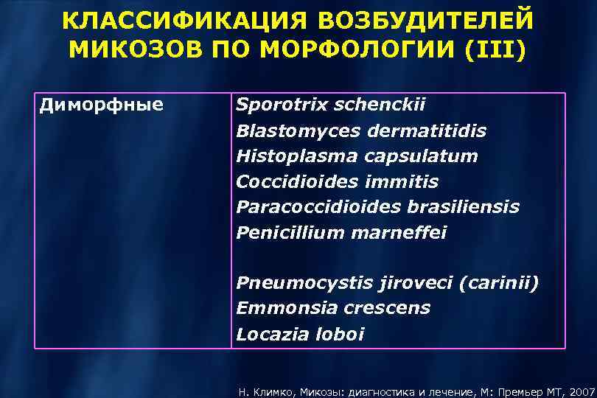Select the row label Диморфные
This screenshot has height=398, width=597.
coord(101,105)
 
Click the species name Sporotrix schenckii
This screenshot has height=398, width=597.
coord(331,105)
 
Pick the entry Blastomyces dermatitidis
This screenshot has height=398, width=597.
coord(361,131)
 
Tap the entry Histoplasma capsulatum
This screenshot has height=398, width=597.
coord(357,156)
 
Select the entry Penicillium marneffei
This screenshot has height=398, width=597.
coord(341,233)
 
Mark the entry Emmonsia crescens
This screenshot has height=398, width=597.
coord(333,308)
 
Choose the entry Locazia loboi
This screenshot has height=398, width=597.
coord(300,334)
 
